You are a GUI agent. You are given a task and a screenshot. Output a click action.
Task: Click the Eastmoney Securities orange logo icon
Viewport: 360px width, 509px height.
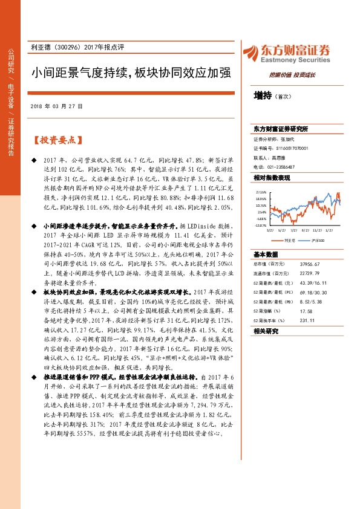[251, 52]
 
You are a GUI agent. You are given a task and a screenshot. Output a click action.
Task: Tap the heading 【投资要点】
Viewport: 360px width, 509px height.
[56, 140]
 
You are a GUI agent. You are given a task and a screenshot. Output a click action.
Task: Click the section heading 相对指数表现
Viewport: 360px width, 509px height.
[272, 178]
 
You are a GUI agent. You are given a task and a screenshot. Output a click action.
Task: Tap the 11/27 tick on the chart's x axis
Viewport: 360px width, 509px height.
[316, 230]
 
